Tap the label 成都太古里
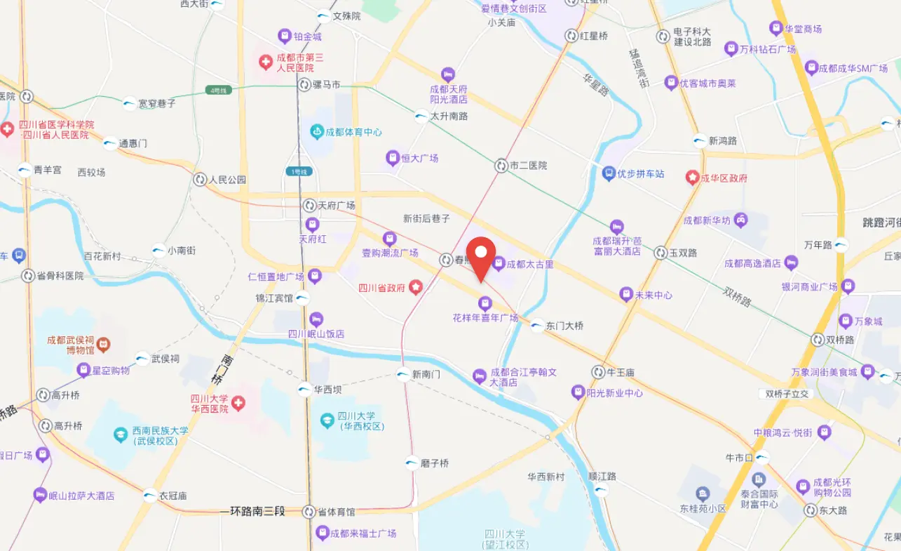coord(531,265)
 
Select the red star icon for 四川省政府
coord(416,286)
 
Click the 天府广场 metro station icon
coord(309,206)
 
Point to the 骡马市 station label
coord(326,85)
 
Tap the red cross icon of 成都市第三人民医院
coord(266,62)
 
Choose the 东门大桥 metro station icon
coord(537,326)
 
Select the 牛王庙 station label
coord(621,372)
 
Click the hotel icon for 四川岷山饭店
coord(316,319)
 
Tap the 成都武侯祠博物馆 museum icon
coord(103,344)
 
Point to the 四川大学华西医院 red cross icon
coord(239,403)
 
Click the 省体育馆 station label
coord(336,512)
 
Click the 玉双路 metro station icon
coord(660,253)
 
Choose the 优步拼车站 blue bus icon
coord(609,173)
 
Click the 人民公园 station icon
coord(200,180)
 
